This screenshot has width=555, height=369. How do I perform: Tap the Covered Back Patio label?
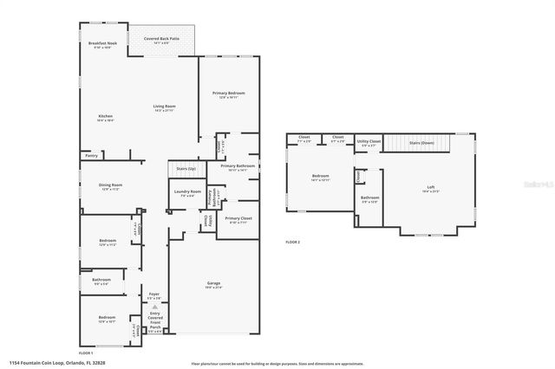(161, 40)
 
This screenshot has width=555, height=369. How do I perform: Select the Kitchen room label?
(106, 115)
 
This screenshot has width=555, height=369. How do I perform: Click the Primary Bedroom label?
(229, 93)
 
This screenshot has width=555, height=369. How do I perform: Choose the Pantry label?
(91, 157)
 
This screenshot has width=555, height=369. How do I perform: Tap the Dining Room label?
(109, 185)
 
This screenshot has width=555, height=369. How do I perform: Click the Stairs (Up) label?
(186, 168)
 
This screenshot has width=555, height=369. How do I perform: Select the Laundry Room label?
(187, 192)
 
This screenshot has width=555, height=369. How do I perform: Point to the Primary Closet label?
(238, 219)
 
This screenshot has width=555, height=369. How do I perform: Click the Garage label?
(213, 285)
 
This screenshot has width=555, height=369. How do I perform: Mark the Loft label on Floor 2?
(429, 188)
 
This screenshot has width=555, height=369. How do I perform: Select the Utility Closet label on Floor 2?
(369, 141)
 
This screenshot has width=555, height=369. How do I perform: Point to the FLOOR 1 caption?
(86, 353)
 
